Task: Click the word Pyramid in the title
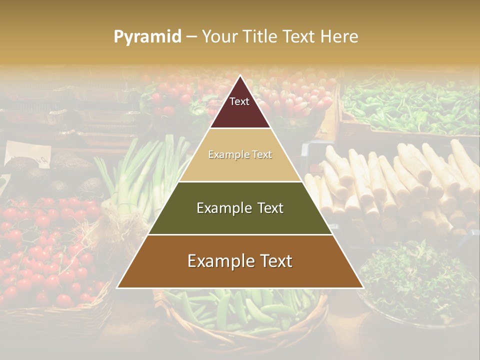click(147, 37)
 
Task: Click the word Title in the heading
click(261, 37)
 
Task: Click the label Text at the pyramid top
click(239, 101)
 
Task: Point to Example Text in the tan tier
click(240, 155)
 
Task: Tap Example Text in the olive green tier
click(240, 208)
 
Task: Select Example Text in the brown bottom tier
click(240, 261)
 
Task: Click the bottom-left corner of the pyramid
click(117, 287)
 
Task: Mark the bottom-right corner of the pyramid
click(363, 287)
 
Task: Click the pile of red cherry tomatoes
click(45, 250)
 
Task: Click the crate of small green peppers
click(410, 105)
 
